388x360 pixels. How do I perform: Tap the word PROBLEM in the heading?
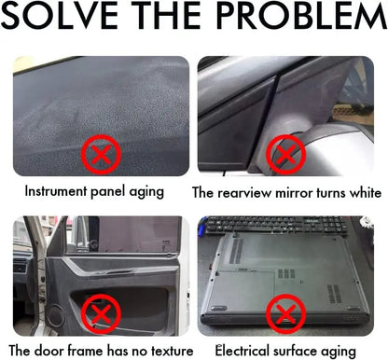pyautogui.click(x=301, y=15)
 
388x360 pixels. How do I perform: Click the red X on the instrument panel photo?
pyautogui.click(x=101, y=155)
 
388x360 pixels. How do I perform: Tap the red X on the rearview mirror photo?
pyautogui.click(x=286, y=155)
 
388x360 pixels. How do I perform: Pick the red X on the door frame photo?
pyautogui.click(x=101, y=314)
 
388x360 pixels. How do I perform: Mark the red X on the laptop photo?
pyautogui.click(x=286, y=314)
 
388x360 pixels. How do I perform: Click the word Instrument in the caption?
pyautogui.click(x=56, y=191)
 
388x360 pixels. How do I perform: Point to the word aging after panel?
pyautogui.click(x=146, y=192)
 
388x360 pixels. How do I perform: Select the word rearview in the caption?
pyautogui.click(x=244, y=193)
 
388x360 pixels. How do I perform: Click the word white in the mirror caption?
pyautogui.click(x=366, y=192)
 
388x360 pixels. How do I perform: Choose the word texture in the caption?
pyautogui.click(x=173, y=352)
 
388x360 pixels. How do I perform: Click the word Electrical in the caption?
pyautogui.click(x=242, y=351)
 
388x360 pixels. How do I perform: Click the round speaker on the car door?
pyautogui.click(x=56, y=316)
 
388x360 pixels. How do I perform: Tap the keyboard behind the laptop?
pyautogui.click(x=277, y=225)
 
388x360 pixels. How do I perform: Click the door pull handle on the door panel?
pyautogui.click(x=115, y=272)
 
